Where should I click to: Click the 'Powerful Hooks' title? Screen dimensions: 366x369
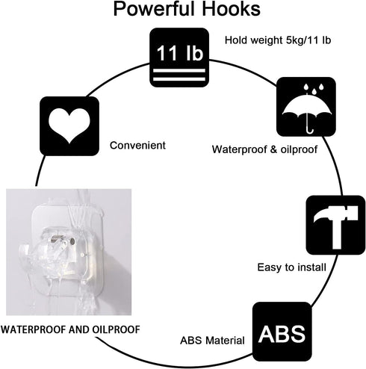tap(187, 9)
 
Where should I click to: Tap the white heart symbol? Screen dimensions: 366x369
tap(69, 126)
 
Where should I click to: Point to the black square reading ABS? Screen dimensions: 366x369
tap(282, 332)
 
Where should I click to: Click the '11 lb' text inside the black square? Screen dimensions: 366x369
tap(180, 53)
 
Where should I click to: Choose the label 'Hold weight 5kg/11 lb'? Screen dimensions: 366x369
tap(278, 40)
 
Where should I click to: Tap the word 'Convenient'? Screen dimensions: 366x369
tap(137, 146)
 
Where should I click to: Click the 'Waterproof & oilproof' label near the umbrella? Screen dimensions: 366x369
tap(264, 149)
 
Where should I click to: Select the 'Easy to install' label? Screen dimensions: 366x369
tap(291, 267)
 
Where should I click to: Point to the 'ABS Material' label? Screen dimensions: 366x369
tap(212, 341)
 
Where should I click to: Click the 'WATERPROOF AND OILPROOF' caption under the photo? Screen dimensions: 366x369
tap(70, 329)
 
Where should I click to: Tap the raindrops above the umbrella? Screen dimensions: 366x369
tap(314, 89)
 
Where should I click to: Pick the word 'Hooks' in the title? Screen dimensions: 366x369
tap(231, 9)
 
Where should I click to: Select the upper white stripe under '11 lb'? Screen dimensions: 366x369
tap(179, 71)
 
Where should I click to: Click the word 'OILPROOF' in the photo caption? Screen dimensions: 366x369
tap(116, 329)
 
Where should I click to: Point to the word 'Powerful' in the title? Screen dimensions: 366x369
tap(154, 9)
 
